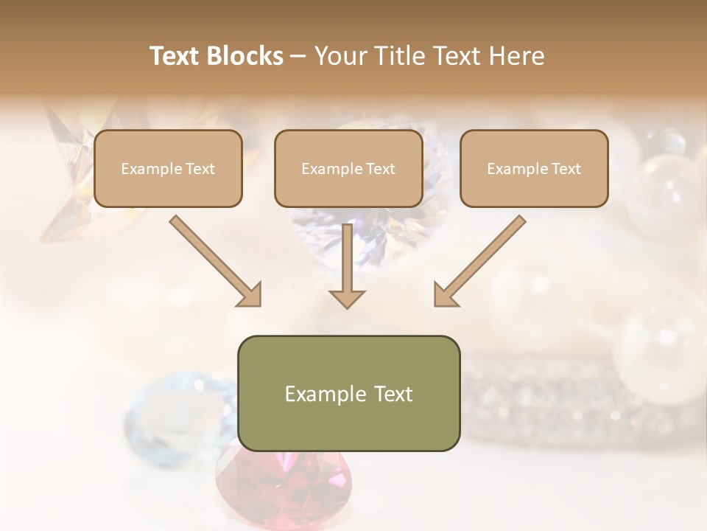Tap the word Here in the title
[516, 56]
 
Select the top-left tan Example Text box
[168, 169]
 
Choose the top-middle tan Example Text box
[348, 169]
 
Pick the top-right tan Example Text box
[534, 169]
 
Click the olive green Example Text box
[348, 393]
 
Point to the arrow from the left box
[214, 260]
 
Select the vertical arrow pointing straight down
[347, 265]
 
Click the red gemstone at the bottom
[284, 487]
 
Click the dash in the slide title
[299, 57]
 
